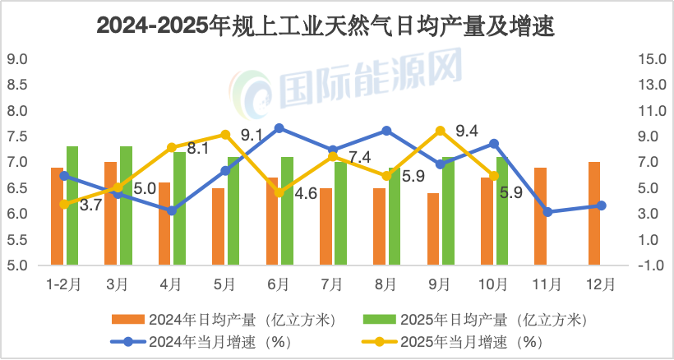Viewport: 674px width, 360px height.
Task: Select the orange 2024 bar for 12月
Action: [x=594, y=214]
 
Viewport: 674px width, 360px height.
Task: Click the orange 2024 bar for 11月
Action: [x=540, y=215]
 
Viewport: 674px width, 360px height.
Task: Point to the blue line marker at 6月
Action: [x=279, y=128]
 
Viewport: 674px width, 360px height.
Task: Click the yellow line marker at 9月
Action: [x=440, y=131]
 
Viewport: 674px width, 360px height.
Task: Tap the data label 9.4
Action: [x=467, y=130]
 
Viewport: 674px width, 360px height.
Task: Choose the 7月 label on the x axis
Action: [x=332, y=284]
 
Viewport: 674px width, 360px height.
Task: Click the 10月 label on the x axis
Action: [x=492, y=284]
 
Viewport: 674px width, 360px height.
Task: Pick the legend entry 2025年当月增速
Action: [x=469, y=339]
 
